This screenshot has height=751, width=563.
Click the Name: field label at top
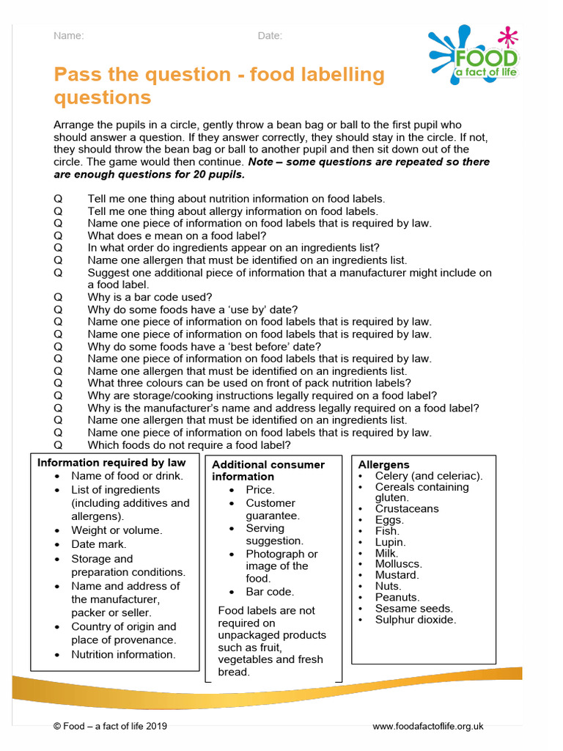(x=68, y=36)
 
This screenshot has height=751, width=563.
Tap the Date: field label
(x=270, y=36)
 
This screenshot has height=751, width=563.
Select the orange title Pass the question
(x=219, y=85)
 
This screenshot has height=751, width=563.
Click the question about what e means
(x=177, y=235)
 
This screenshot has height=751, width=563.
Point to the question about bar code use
(x=150, y=297)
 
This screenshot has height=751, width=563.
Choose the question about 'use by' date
(x=193, y=309)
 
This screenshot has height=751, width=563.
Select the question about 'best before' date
(x=204, y=346)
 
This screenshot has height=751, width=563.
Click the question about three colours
(x=249, y=383)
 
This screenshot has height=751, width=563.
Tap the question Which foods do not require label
(x=189, y=444)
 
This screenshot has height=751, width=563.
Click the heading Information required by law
(x=111, y=463)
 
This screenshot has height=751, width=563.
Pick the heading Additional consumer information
(x=268, y=470)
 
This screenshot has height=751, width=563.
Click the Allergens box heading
(x=383, y=465)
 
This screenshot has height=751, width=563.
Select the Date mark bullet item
(x=98, y=544)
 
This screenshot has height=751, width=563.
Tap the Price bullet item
(x=260, y=489)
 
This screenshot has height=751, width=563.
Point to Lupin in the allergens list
(x=390, y=542)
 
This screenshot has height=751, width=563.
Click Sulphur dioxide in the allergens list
(x=415, y=620)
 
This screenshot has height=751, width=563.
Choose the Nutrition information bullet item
(x=123, y=654)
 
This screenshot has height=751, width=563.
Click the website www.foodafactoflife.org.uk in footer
(x=428, y=726)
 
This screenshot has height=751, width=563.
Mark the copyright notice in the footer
(x=110, y=726)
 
